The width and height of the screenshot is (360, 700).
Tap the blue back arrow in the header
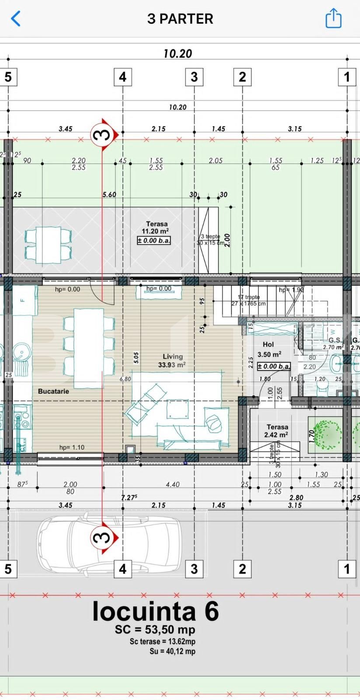pos(16,19)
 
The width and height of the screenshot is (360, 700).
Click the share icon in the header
pos(333,18)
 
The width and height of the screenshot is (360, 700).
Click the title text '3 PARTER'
pos(180,19)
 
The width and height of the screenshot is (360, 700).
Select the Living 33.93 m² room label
pos(172,360)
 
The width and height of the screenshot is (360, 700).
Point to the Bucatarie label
pos(53,391)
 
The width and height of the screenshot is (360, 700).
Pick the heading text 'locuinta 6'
pos(155,611)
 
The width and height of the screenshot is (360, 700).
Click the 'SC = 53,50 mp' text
pos(155,630)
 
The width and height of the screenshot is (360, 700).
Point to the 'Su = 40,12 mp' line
pos(172,651)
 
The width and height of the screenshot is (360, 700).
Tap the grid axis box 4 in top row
pos(122,77)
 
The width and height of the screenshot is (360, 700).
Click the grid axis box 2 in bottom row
pos(242,569)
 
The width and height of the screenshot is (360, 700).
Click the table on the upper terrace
pos(48,245)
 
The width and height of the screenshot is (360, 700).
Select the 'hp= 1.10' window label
pos(72,447)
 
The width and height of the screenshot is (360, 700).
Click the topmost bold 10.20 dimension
pos(178,53)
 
